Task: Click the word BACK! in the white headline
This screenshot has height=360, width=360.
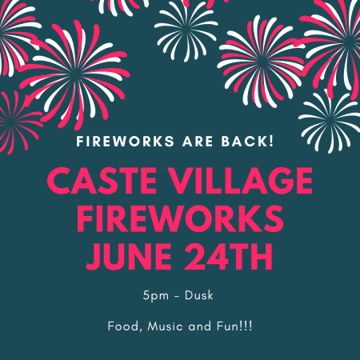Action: click(247, 142)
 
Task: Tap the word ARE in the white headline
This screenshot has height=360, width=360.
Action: click(198, 142)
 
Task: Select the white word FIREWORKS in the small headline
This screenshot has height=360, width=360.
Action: click(126, 142)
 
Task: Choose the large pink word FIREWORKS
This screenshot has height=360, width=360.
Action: click(180, 219)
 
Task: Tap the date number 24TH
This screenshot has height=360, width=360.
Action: click(228, 257)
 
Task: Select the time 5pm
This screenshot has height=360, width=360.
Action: click(156, 296)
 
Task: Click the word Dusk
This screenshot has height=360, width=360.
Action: click(199, 295)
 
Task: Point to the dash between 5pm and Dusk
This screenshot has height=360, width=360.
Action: click(177, 296)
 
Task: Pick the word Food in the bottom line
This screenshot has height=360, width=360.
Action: click(125, 326)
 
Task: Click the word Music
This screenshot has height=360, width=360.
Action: click(165, 326)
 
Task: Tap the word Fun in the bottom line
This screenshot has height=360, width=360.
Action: click(227, 326)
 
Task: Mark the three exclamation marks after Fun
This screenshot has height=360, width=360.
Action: click(246, 326)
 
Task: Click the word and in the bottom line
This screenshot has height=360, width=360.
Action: click(200, 326)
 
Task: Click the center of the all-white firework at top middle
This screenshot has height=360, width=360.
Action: click(186, 30)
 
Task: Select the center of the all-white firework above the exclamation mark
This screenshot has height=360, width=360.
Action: click(330, 122)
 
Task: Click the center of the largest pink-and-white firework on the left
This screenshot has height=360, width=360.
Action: click(74, 75)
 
